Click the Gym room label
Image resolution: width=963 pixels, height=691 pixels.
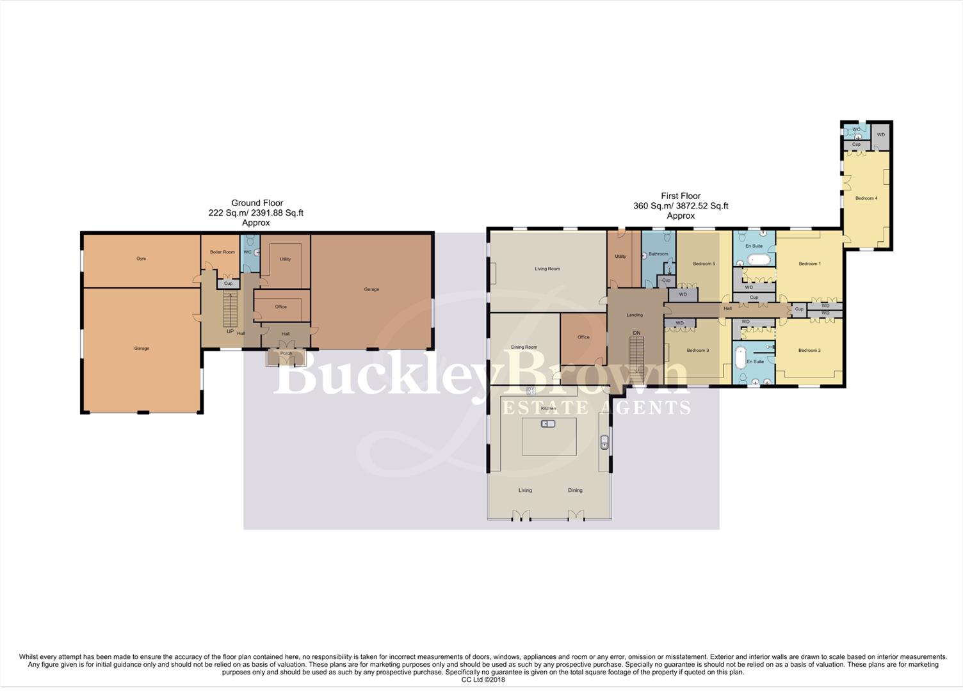141,258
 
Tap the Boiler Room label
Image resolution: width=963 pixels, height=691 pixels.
222,252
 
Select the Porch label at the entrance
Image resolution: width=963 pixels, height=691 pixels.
286,353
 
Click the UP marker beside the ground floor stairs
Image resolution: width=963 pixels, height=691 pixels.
230,331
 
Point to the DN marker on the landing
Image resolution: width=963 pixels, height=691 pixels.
636,333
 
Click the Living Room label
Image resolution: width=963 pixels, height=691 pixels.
547,269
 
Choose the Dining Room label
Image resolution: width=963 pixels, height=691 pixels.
524,347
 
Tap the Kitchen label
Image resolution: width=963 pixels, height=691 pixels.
548,408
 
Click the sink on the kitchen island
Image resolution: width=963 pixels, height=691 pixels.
548,424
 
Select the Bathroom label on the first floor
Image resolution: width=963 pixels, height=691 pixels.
658,254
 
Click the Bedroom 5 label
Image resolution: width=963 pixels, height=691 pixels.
704,264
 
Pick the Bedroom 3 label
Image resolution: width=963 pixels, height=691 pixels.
697,351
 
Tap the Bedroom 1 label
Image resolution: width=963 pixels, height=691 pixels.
809,264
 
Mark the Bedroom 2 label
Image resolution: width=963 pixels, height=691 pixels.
809,351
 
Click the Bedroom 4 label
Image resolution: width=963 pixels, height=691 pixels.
866,198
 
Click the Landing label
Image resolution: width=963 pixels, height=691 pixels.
634,315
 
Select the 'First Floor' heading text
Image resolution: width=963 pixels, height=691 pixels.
681,196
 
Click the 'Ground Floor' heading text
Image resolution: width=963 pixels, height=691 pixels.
257,203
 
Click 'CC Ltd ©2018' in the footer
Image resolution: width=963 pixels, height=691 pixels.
483,680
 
